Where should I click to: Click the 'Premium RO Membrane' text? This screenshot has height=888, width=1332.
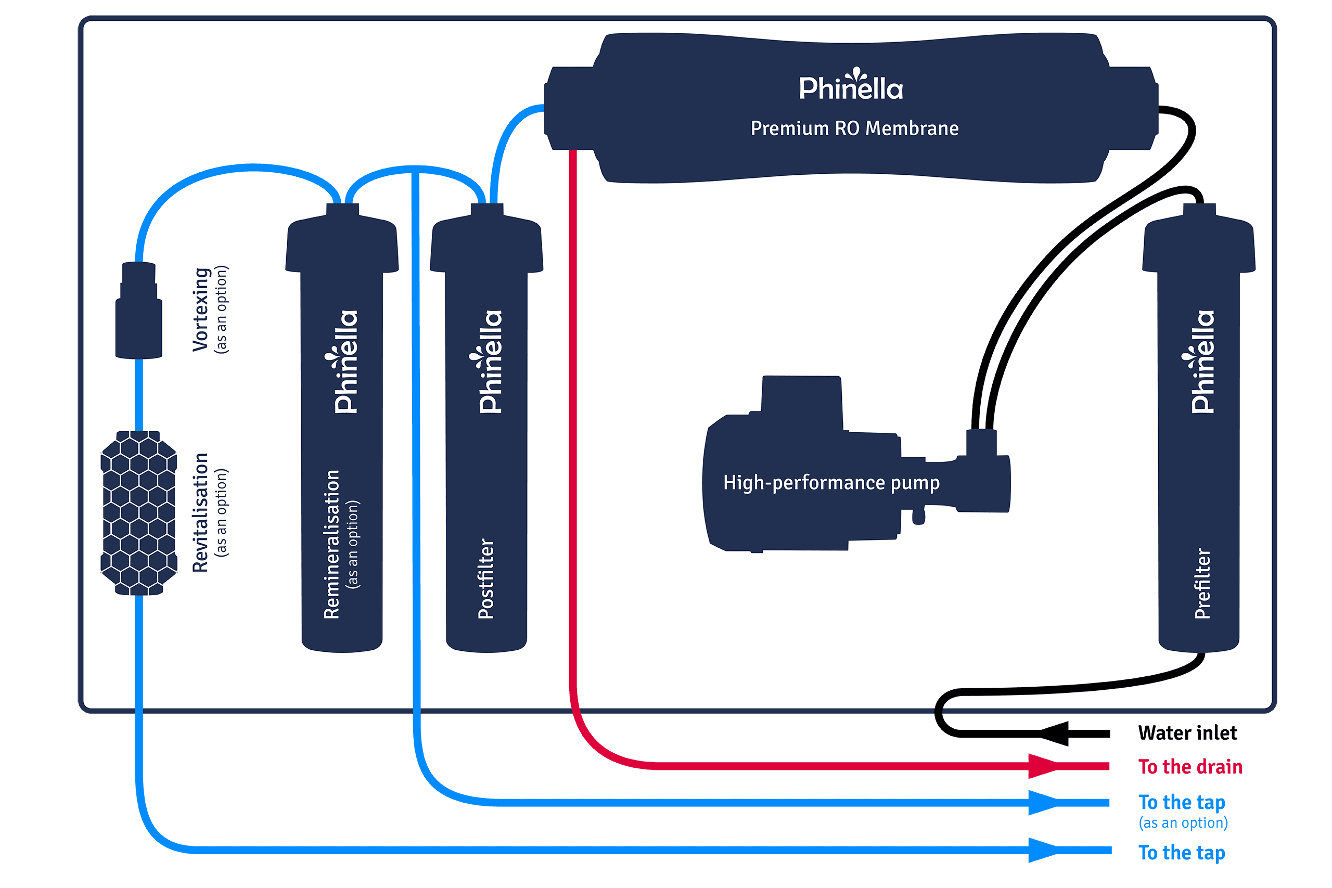pyautogui.click(x=854, y=128)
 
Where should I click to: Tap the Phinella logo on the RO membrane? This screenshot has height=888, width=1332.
pyautogui.click(x=851, y=85)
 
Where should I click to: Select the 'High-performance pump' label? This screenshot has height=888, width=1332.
pyautogui.click(x=831, y=483)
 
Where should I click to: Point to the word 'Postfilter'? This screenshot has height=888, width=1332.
pyautogui.click(x=486, y=578)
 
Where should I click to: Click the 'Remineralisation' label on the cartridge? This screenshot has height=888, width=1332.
pyautogui.click(x=332, y=544)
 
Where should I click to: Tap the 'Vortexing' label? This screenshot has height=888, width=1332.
pyautogui.click(x=201, y=309)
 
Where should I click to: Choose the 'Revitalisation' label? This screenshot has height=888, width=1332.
pyautogui.click(x=201, y=512)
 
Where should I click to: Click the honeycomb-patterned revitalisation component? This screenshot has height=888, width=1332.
pyautogui.click(x=139, y=512)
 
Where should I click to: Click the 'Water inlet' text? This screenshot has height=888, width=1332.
pyautogui.click(x=1187, y=733)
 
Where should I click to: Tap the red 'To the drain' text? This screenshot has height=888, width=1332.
pyautogui.click(x=1190, y=767)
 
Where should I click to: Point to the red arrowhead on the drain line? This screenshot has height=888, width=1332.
pyautogui.click(x=1042, y=766)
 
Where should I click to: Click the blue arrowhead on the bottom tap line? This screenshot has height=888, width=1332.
pyautogui.click(x=1042, y=850)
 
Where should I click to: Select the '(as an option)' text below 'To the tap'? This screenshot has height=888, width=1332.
pyautogui.click(x=1183, y=822)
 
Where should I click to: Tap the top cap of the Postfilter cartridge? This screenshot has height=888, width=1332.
pyautogui.click(x=487, y=238)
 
